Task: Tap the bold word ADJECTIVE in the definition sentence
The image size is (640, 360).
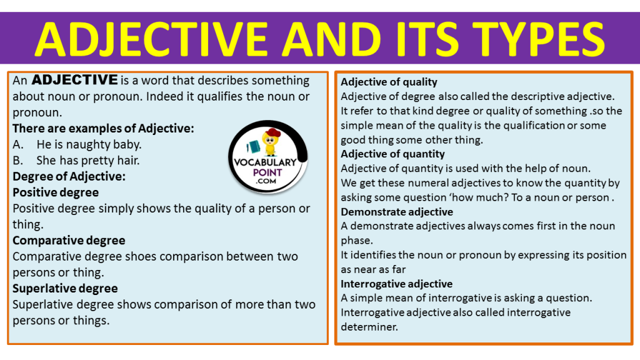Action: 74,80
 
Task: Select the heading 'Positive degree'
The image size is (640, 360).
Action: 56,192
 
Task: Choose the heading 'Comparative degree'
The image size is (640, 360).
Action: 69,240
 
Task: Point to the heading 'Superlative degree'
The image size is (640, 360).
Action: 65,288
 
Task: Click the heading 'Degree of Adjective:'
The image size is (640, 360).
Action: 69,176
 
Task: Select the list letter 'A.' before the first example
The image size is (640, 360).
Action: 18,144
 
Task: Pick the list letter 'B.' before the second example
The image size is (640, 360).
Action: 18,161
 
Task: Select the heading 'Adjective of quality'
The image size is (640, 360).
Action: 389,82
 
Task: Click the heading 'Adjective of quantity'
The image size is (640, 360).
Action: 392,154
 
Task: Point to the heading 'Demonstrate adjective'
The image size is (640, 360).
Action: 397,212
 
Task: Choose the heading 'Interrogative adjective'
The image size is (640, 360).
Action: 396,284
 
